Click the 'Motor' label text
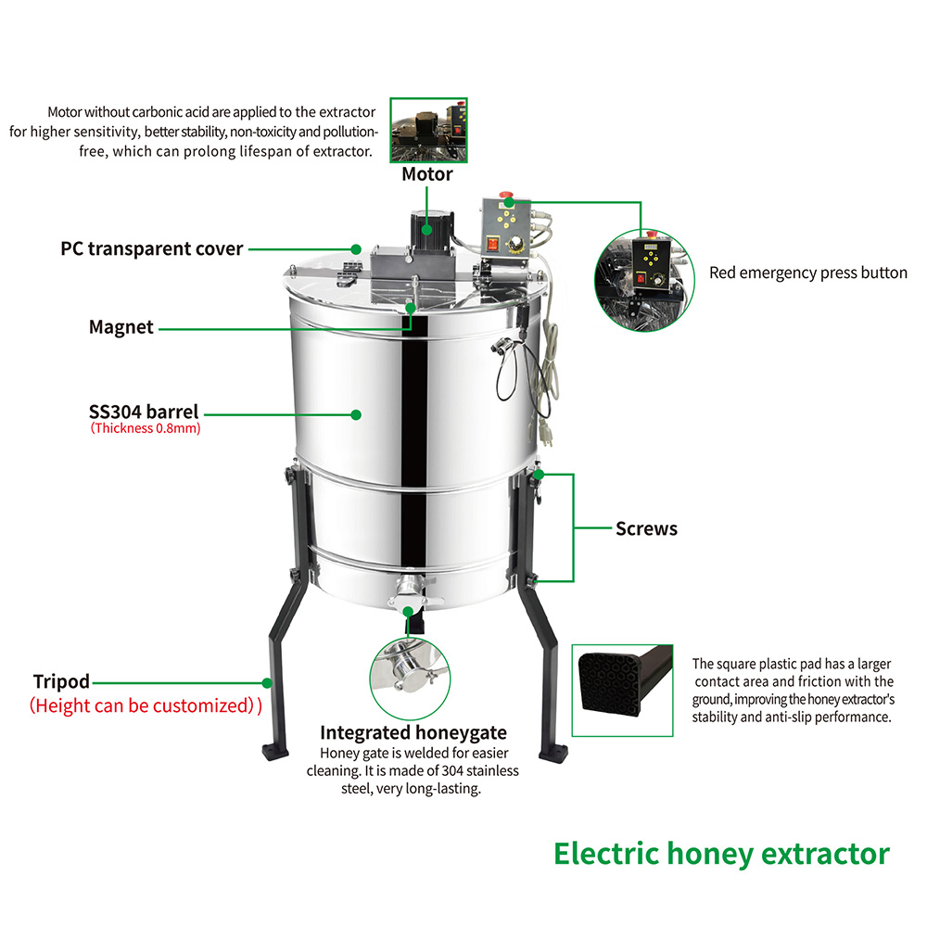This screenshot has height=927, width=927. (427, 174)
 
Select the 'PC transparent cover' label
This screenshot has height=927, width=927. (152, 248)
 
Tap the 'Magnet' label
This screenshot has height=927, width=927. (121, 326)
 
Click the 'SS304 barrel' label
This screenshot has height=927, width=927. (144, 412)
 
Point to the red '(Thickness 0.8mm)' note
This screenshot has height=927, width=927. (145, 429)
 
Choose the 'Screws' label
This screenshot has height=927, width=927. (646, 528)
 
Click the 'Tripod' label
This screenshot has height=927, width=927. (61, 681)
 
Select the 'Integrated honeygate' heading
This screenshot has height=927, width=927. (413, 733)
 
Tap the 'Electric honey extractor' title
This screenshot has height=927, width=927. (721, 853)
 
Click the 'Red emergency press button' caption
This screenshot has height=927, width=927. (808, 273)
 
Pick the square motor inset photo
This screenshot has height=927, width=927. (427, 130)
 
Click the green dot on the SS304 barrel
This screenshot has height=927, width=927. (356, 414)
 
